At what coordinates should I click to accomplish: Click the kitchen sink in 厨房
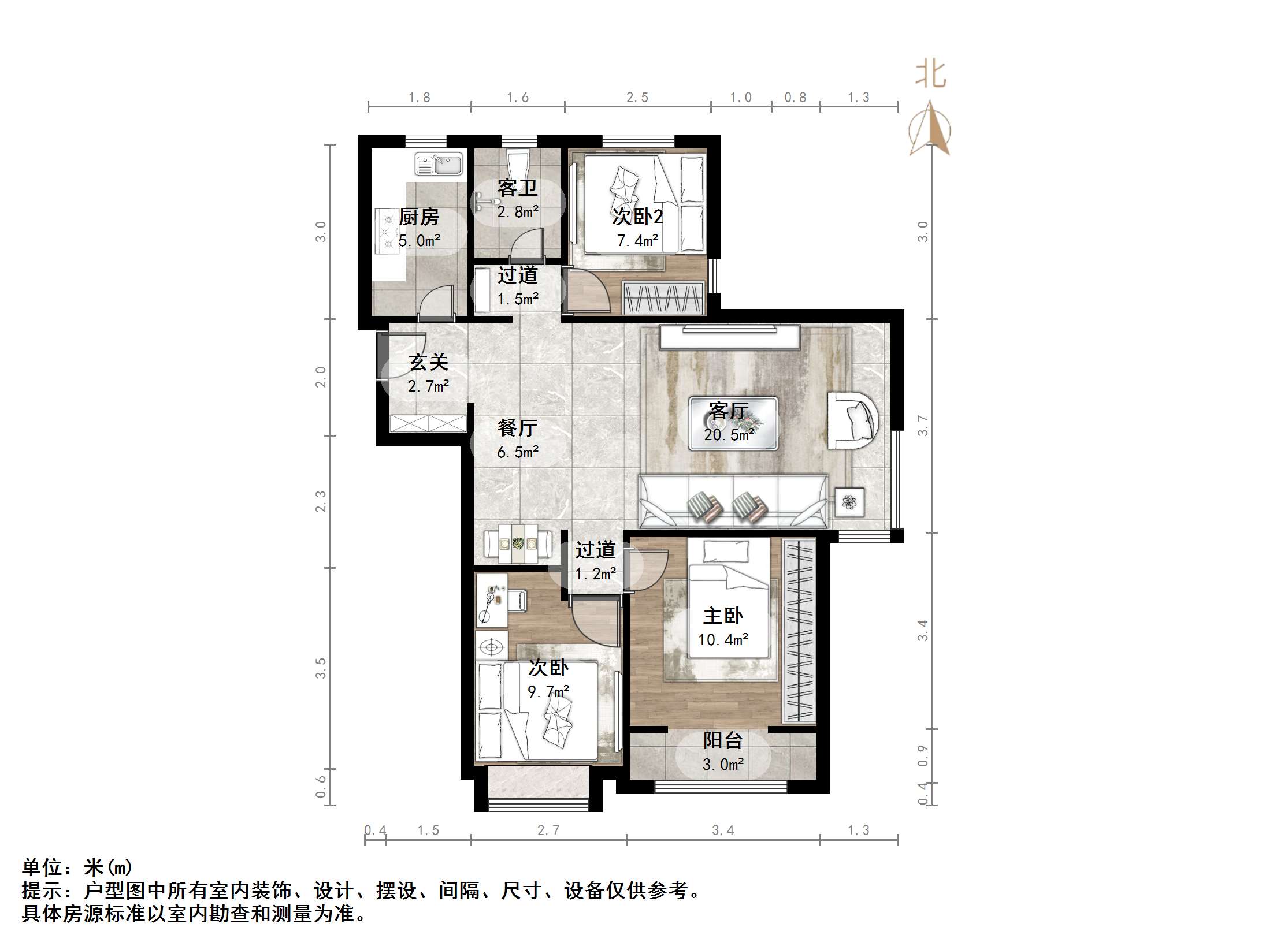(x=439, y=164)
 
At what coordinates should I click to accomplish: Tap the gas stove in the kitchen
(x=386, y=230)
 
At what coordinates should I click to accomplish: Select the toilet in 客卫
(x=516, y=163)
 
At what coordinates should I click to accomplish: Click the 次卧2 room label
(x=637, y=217)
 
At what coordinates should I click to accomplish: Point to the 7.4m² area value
(x=637, y=241)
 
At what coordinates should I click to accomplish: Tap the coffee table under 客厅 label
(x=733, y=423)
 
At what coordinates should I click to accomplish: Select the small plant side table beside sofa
(x=849, y=502)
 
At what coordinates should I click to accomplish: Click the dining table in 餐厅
(x=518, y=543)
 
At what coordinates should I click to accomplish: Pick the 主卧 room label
(x=723, y=616)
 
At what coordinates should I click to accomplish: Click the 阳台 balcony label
(x=723, y=740)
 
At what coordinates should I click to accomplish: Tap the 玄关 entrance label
(x=428, y=362)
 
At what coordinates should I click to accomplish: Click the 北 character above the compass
(x=930, y=75)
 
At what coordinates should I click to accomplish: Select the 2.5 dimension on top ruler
(x=637, y=98)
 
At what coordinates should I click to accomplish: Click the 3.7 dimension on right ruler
(x=923, y=426)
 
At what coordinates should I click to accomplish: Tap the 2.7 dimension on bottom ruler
(x=548, y=830)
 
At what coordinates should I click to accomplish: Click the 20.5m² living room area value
(x=729, y=435)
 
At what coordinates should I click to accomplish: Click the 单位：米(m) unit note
(x=77, y=867)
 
